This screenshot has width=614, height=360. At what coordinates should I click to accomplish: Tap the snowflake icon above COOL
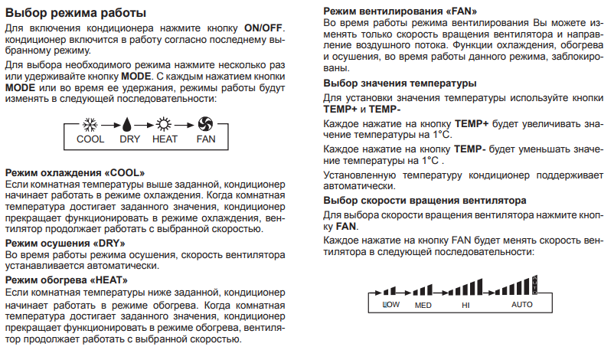coord(90,125)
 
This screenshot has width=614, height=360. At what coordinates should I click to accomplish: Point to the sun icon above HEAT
coord(164,125)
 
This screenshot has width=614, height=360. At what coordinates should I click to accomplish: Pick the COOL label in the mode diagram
coord(90,139)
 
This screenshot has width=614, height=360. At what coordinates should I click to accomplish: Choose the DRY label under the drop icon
coord(129,139)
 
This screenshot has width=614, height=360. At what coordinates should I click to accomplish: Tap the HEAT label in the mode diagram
coord(165,139)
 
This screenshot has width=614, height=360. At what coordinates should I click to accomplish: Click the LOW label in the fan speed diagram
coord(390,305)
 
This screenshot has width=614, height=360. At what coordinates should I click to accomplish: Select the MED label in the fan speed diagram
coord(423,305)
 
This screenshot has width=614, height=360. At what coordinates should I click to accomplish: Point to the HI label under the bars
coord(465,305)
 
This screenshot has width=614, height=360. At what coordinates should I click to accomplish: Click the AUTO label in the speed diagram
coord(521,305)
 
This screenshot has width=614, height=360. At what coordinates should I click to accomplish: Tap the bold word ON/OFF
coord(264,28)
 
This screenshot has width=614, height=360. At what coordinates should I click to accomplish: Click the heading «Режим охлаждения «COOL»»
coord(75,173)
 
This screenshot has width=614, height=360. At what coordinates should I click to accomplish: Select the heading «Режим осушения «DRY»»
coord(64,242)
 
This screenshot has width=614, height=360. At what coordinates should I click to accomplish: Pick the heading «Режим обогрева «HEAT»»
coord(67,280)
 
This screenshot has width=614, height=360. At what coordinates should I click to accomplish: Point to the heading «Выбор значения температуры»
coord(400,82)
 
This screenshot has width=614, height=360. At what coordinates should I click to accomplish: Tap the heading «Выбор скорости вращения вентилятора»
coord(425,200)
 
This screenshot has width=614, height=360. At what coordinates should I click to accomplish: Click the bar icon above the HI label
coord(462,289)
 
